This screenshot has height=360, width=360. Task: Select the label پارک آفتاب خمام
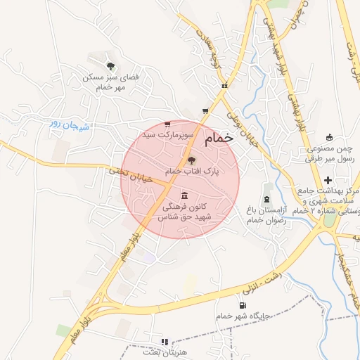coord(193,171)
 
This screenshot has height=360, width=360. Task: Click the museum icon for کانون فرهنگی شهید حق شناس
coord(184,195)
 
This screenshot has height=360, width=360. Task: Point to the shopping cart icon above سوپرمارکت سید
coord(167,124)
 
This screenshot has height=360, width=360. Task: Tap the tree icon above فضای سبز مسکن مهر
coord(109,65)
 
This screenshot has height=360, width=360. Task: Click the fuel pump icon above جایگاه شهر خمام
coord(243,306)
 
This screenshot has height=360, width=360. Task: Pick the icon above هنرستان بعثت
coord(165,342)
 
